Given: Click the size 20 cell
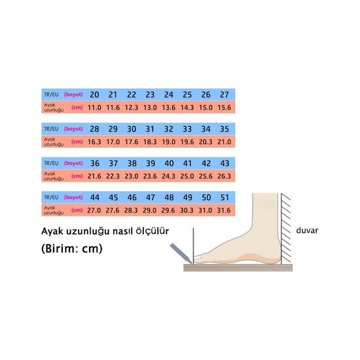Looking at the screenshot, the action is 94,95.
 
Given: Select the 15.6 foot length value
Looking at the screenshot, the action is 225,107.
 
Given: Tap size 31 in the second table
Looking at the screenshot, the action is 150,129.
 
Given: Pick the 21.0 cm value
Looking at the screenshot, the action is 225,142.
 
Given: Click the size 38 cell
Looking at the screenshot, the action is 132,163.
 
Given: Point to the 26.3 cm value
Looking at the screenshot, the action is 224,176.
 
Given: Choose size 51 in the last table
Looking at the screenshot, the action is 225,198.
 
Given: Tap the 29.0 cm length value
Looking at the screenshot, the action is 149,210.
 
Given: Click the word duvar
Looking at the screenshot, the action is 307,230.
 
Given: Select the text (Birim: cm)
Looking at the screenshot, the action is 72,249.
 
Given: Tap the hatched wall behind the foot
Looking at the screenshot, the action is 285,228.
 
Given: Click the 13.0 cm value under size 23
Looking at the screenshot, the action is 150,107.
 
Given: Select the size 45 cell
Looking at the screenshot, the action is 113,198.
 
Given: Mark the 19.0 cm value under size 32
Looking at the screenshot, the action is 168,142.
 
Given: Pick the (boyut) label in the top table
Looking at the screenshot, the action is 73,95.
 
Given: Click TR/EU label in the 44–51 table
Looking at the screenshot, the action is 51,198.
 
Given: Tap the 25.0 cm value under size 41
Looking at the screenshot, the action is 187,176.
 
